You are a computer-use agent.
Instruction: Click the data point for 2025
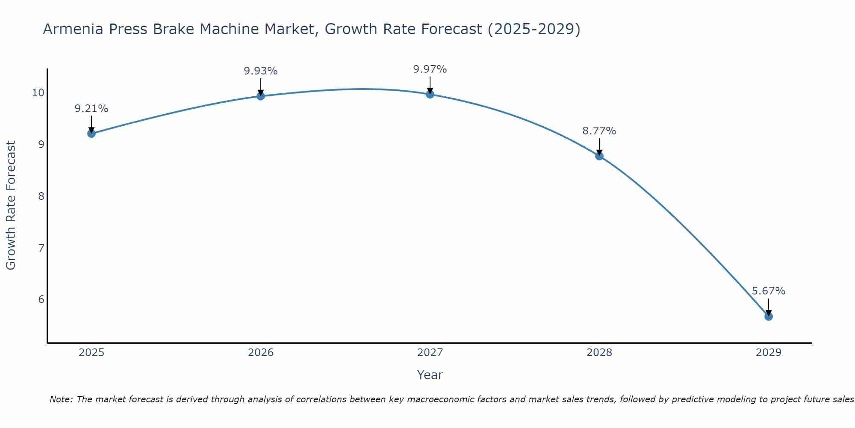91,134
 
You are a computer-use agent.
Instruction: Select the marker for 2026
261,96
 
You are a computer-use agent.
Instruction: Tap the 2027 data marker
430,94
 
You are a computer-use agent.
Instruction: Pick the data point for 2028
599,156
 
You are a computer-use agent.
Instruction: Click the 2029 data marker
768,316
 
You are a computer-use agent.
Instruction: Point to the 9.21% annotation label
91,109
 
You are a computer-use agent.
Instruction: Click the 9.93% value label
261,71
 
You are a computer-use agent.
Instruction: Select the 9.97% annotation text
430,69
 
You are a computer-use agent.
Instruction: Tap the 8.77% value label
599,131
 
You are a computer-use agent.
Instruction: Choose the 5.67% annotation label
768,291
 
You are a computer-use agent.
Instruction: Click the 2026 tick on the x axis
261,353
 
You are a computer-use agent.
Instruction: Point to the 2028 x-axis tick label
599,353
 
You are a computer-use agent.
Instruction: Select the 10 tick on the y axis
38,93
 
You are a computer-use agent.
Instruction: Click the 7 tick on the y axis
41,248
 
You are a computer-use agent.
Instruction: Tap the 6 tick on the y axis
41,299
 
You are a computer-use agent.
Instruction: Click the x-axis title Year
430,375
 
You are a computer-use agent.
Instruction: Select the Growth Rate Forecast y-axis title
11,205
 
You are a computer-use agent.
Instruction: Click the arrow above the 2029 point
768,306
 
